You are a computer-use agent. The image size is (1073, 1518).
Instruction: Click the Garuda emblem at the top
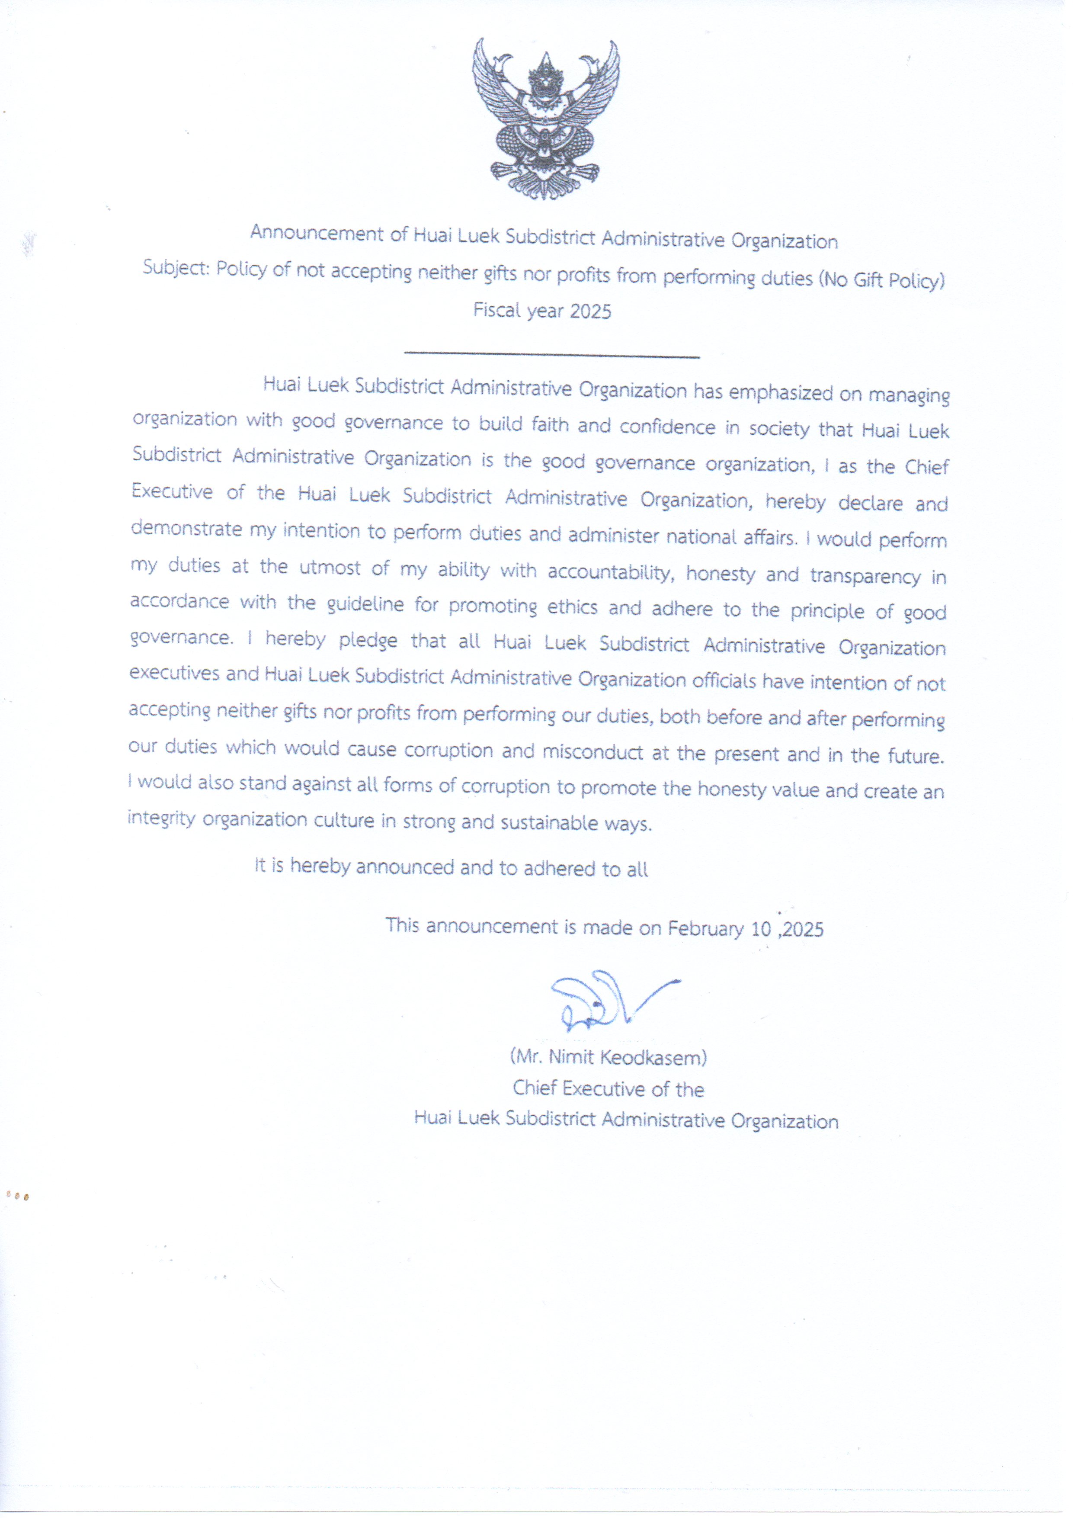[545, 119]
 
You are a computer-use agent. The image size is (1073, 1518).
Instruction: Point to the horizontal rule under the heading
[551, 356]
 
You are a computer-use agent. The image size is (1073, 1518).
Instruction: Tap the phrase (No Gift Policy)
[882, 280]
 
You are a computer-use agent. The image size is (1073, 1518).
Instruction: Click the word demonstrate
[186, 529]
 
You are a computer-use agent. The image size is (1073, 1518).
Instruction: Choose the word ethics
[572, 607]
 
